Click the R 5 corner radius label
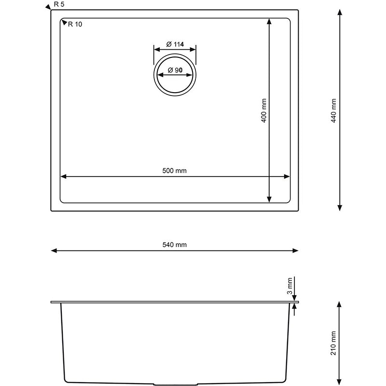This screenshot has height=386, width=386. [x=59, y=4]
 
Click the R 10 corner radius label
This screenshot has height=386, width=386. [x=75, y=24]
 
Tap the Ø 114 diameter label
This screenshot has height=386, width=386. [x=175, y=44]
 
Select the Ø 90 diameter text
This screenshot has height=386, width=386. [x=175, y=70]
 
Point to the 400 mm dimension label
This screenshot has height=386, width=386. [x=264, y=110]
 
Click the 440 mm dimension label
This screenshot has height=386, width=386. [x=333, y=110]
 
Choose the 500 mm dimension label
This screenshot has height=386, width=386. [x=175, y=171]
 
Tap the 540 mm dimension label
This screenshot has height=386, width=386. [x=175, y=245]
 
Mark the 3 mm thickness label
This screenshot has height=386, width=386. [x=290, y=286]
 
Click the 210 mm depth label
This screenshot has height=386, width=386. [x=333, y=343]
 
